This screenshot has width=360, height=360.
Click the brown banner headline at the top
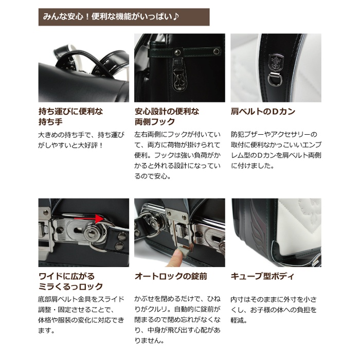coord(124,17)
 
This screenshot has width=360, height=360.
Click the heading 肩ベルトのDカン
coord(263,112)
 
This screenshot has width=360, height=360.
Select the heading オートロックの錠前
coord(171,276)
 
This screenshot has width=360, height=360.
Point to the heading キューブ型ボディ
coord(262,276)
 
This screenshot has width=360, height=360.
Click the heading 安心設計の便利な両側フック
coord(167,117)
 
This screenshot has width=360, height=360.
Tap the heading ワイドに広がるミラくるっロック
coord(71,281)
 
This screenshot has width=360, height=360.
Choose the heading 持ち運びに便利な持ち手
coord(71,117)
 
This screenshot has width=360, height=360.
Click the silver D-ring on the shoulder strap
coord(274,79)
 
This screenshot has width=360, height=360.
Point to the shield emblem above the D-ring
coord(276,62)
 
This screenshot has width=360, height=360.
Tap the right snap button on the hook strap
coord(216,51)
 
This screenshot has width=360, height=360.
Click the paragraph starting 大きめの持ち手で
coord(81,140)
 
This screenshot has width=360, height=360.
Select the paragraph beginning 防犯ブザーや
coord(276,150)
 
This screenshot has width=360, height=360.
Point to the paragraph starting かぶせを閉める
coord(177,319)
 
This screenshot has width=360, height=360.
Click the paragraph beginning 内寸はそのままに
coord(274,310)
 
